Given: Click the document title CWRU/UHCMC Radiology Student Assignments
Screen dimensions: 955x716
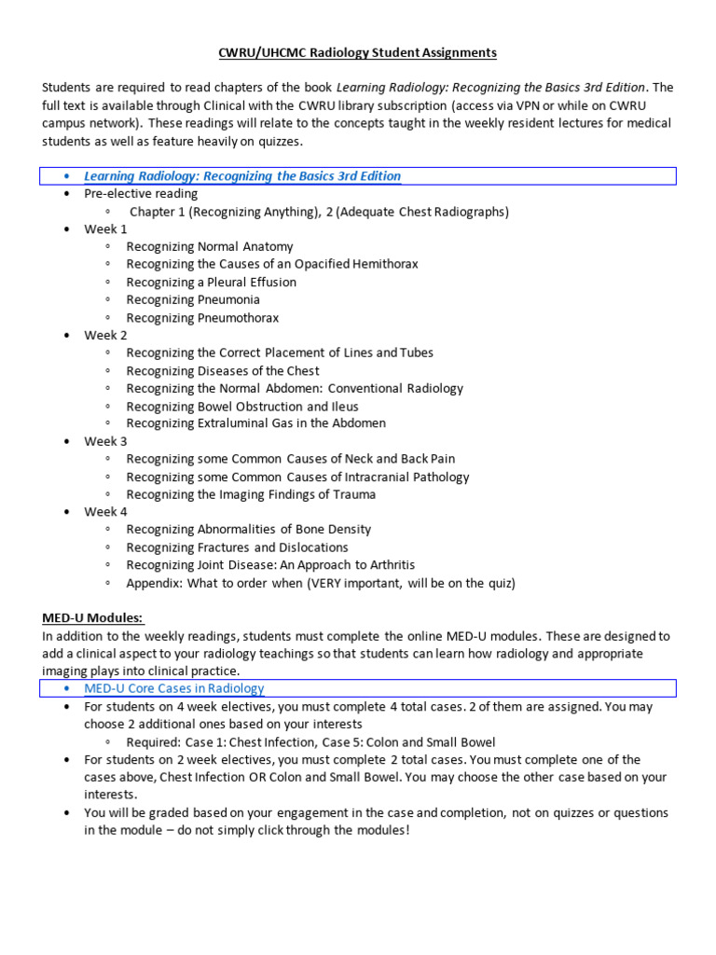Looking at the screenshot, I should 358,52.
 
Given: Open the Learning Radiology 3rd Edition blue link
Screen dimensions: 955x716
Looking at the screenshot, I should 242,176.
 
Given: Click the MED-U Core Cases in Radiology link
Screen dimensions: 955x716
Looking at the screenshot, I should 174,688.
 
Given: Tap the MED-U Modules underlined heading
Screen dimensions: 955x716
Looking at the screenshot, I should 93,618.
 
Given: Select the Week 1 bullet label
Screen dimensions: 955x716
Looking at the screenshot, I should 105,229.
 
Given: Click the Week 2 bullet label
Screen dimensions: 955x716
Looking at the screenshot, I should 105,336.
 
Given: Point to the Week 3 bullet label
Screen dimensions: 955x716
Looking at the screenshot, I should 105,441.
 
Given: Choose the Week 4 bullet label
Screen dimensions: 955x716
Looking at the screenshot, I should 105,512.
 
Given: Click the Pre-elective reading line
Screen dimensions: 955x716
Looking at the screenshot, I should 141,194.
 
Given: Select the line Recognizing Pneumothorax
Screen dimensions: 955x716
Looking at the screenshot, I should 202,318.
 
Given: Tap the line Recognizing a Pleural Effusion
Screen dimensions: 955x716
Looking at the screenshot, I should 212,283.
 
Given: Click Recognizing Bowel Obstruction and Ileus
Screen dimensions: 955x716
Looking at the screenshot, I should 242,407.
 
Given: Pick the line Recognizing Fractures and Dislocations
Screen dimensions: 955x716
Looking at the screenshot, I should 237,547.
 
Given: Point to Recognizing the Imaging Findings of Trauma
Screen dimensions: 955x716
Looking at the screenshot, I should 251,494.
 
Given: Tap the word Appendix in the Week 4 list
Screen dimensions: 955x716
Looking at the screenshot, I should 154,584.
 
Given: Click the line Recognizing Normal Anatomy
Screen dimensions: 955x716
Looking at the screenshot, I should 210,247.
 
